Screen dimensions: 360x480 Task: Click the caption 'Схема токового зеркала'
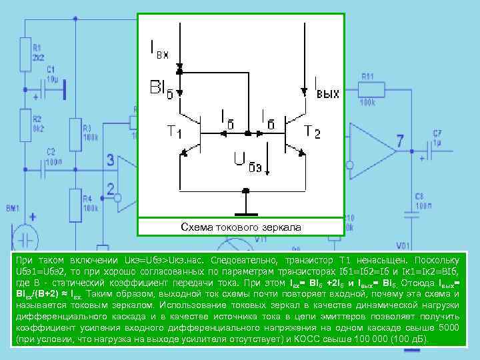241,227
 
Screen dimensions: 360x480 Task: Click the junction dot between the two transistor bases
247,134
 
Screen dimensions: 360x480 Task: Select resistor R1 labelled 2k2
25,53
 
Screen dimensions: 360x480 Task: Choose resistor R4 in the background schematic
75,203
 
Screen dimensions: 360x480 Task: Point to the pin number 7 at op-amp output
399,141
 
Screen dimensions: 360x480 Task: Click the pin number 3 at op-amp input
111,160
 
